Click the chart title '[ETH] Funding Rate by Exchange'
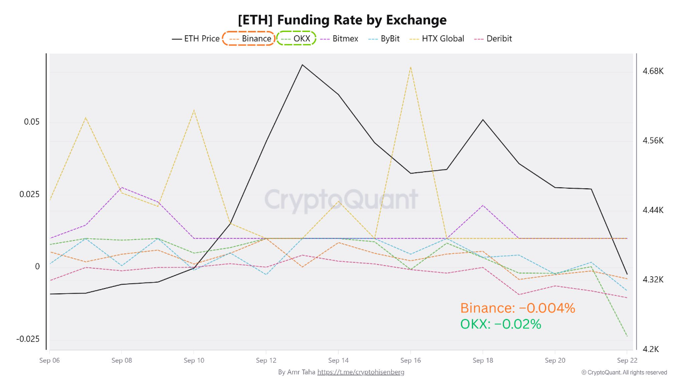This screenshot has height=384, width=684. [x=342, y=20]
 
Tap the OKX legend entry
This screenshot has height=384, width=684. [x=296, y=38]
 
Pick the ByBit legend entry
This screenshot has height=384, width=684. [x=387, y=38]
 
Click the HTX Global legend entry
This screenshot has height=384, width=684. [x=437, y=38]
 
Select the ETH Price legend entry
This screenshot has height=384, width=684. [x=196, y=38]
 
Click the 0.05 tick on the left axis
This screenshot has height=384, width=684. [x=32, y=122]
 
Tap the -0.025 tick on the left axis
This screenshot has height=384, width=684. [x=28, y=339]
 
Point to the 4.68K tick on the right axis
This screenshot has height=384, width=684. [x=652, y=71]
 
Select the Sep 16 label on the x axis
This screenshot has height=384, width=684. [x=410, y=361]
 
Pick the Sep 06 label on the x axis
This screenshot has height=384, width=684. [x=49, y=361]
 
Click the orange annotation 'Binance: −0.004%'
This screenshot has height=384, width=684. [x=517, y=308]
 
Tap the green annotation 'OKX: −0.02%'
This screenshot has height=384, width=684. [x=501, y=324]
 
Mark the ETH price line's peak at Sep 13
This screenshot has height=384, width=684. [x=302, y=65]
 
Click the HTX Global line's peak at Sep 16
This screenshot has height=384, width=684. [x=410, y=67]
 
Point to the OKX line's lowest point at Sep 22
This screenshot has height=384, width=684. [x=627, y=337]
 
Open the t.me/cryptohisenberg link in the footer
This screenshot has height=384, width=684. [x=361, y=372]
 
